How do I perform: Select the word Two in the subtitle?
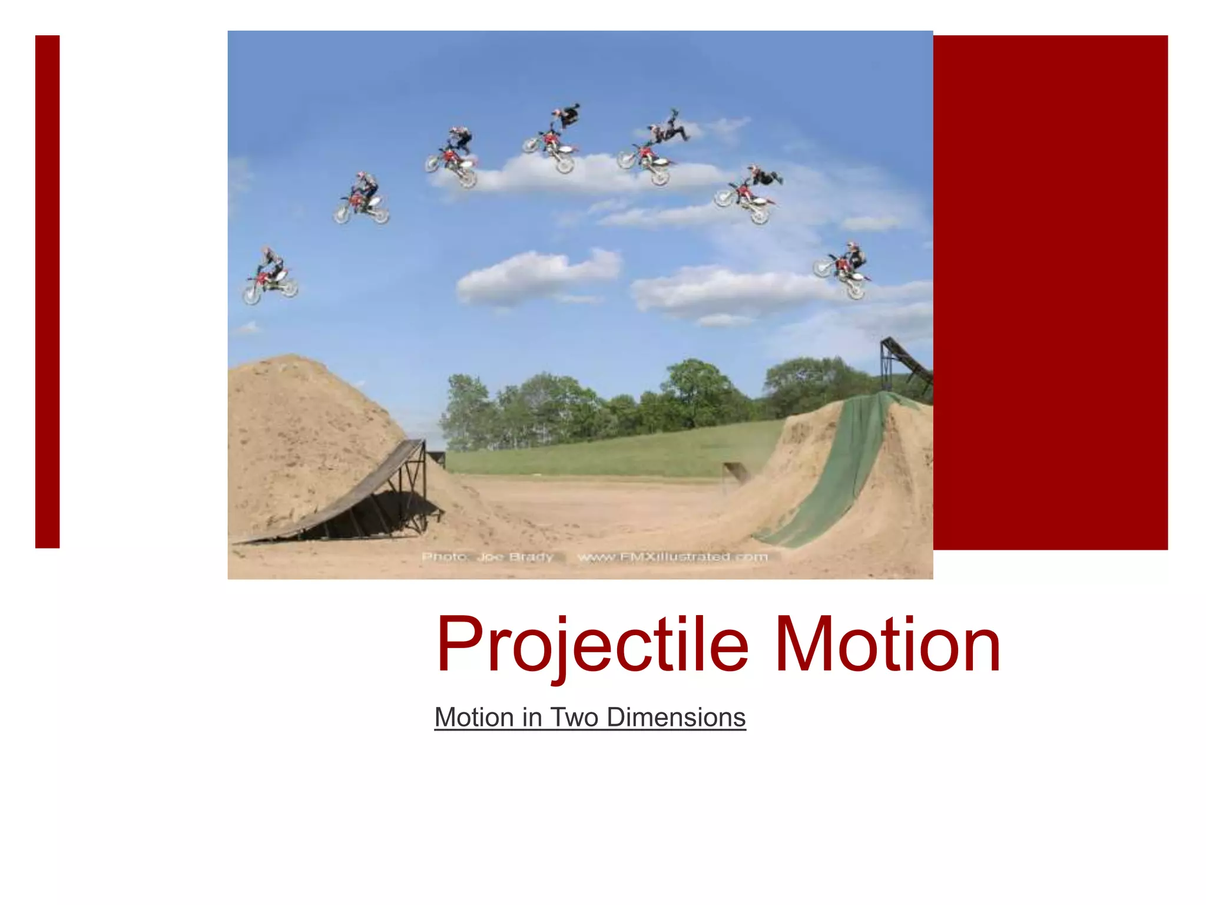pyautogui.click(x=575, y=717)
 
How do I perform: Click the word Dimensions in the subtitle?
pyautogui.click(x=676, y=717)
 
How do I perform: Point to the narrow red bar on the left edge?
pyautogui.click(x=47, y=292)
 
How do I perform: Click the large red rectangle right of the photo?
pyautogui.click(x=1050, y=292)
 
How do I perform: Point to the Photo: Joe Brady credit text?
pyautogui.click(x=488, y=557)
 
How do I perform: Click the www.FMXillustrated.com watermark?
pyautogui.click(x=672, y=557)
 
